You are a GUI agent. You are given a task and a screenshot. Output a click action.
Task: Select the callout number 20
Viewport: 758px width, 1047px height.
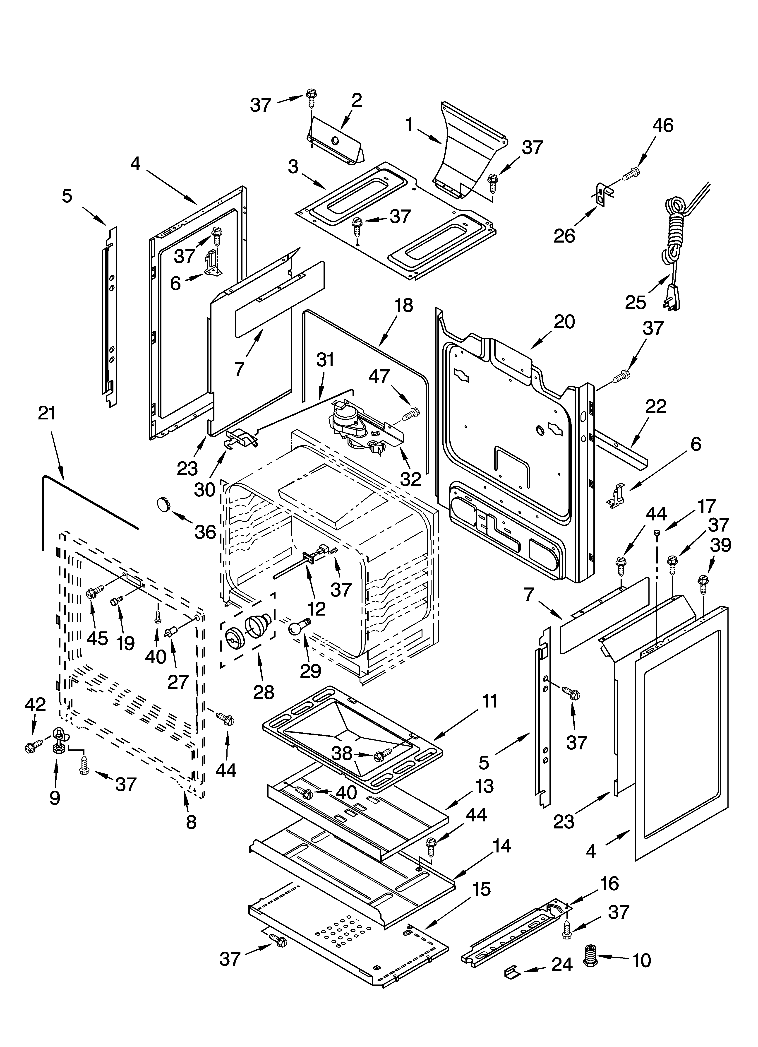pyautogui.click(x=564, y=322)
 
